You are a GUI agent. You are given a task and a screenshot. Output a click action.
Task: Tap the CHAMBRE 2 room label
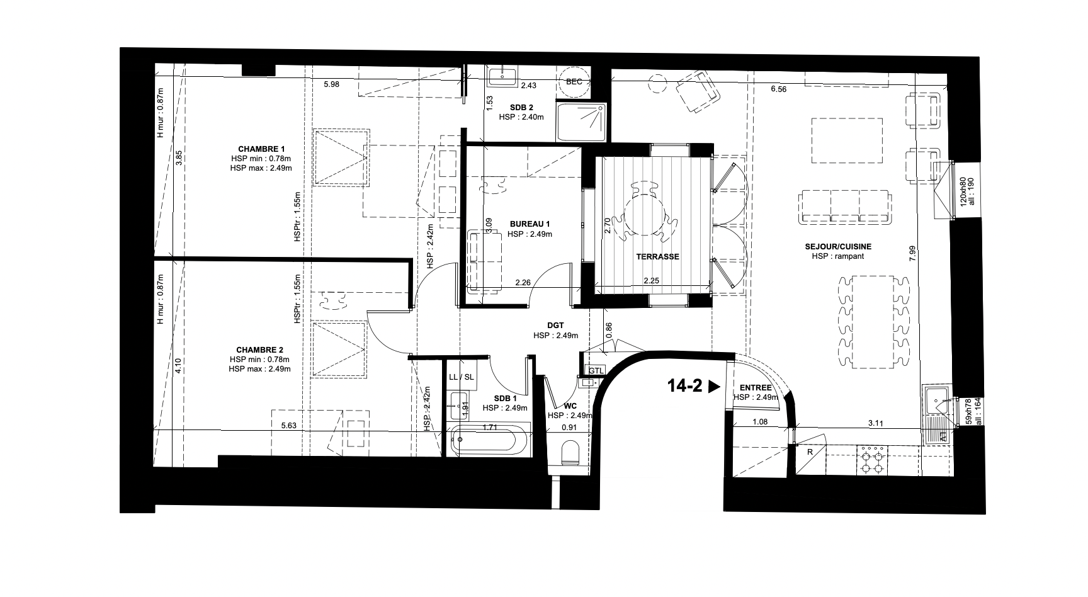pos(259,350)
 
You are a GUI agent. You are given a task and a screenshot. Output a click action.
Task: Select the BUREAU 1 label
pos(530,224)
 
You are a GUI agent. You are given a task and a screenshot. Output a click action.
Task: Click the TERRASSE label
pos(657,257)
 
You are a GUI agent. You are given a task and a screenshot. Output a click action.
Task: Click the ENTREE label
pos(755,388)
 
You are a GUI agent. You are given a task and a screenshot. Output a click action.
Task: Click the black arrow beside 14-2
pos(713,387)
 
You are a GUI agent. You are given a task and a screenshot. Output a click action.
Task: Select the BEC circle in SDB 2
pos(574,82)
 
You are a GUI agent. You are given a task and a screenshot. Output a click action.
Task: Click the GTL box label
pos(595,371)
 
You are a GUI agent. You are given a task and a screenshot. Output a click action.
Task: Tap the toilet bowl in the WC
pos(570,452)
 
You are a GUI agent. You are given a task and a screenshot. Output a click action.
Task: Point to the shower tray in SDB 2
pos(582,122)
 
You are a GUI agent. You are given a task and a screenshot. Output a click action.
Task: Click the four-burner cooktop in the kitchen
pos(873,460)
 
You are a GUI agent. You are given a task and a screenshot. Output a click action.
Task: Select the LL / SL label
pos(462,377)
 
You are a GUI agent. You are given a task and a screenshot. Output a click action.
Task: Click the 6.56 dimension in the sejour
pos(778,89)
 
